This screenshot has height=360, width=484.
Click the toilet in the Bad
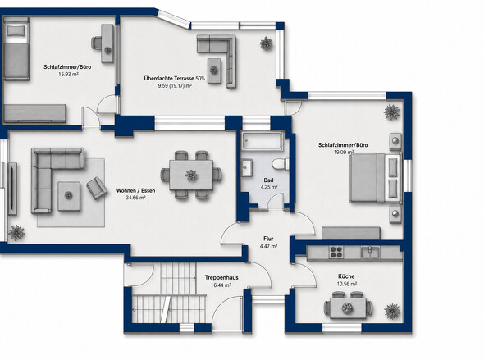(281, 164)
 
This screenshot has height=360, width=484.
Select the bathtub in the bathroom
(263, 141)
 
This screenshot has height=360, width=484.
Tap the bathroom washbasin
(247, 167)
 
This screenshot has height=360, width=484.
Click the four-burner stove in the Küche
(336, 252)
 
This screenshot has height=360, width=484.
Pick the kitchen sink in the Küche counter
(370, 252)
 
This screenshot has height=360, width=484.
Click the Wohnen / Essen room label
(135, 190)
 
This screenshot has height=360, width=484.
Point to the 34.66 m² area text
(135, 198)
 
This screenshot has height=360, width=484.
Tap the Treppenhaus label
(221, 278)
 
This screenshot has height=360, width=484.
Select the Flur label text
(268, 239)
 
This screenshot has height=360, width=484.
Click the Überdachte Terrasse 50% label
(175, 79)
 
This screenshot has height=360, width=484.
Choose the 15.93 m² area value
(68, 74)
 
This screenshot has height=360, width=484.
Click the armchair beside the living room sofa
(97, 188)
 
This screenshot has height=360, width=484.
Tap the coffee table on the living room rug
(69, 196)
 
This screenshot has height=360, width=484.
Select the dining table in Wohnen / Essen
(191, 175)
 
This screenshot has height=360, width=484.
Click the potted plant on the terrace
(266, 43)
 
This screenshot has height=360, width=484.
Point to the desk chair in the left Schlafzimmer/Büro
(97, 43)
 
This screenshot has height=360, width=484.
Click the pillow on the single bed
(16, 30)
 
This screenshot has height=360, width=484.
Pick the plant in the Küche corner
(392, 311)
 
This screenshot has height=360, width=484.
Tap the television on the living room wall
(12, 189)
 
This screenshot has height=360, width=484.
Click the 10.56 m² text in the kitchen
(347, 284)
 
